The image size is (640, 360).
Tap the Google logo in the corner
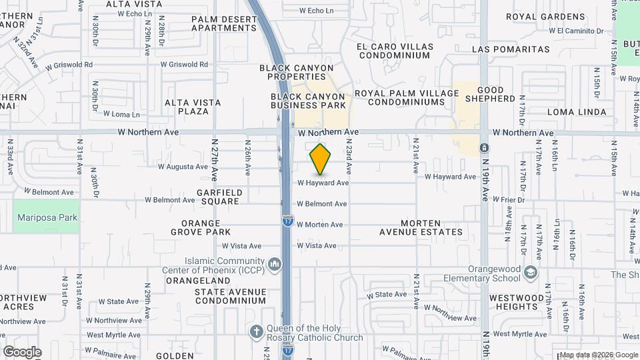tap(22, 351)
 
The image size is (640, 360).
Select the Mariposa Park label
tap(47, 217)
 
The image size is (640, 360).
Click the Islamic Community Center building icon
tap(274, 265)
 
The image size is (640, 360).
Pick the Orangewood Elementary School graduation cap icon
tap(530, 273)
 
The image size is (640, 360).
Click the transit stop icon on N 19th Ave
tap(484, 147)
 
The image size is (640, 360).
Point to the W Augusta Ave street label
tap(182, 167)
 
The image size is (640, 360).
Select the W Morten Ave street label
tap(320, 225)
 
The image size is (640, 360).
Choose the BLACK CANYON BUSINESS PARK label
tap(309, 101)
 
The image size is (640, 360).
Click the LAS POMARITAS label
tap(511, 49)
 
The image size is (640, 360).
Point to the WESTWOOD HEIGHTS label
tap(521, 302)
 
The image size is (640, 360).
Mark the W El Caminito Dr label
tap(576, 31)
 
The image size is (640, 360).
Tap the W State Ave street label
tap(387, 294)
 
